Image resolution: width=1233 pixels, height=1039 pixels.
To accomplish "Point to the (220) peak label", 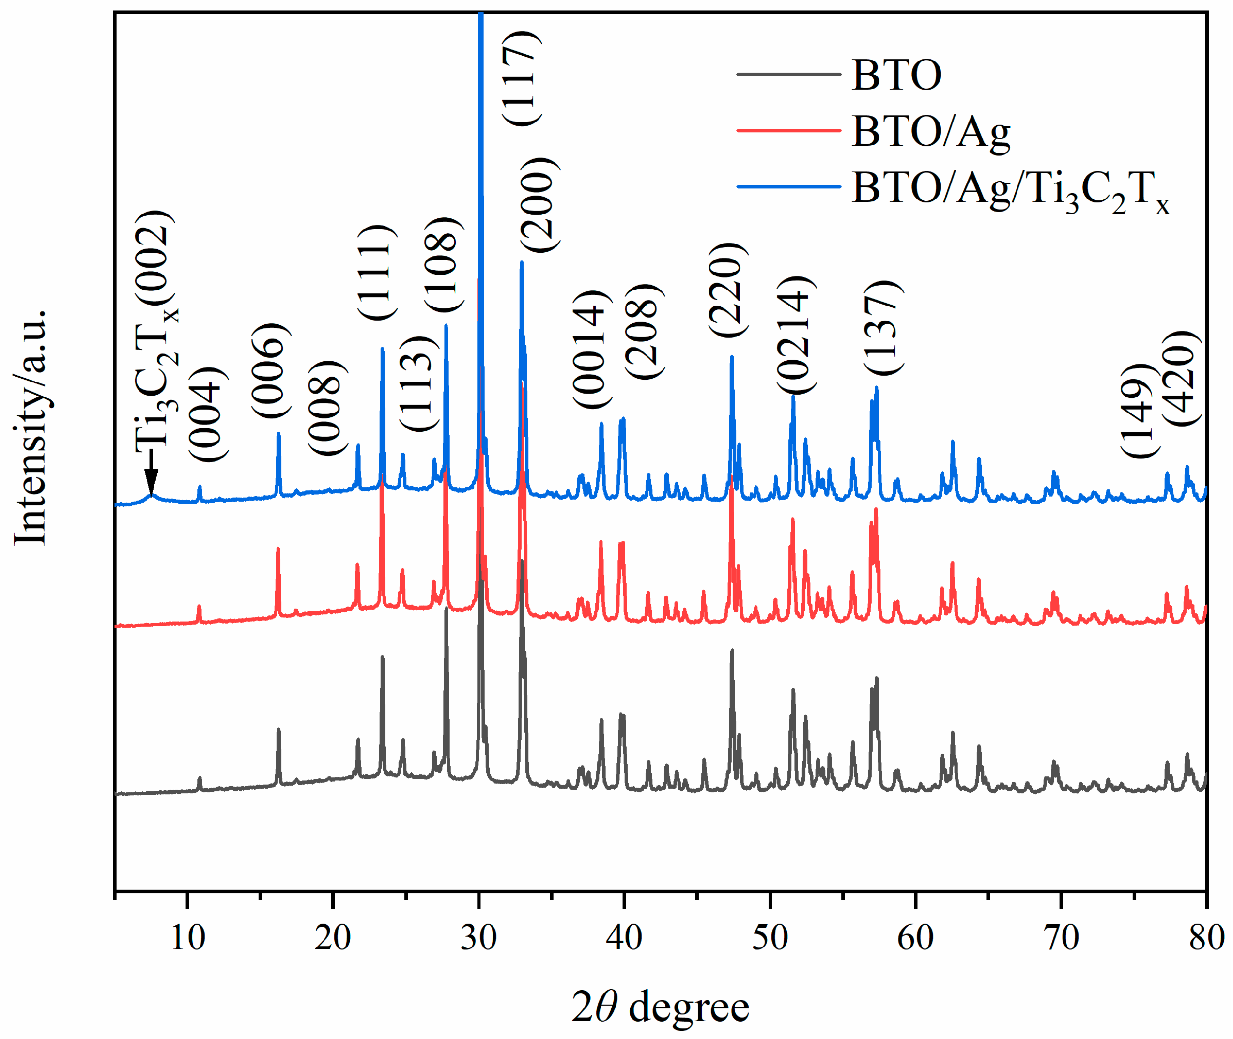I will pyautogui.click(x=727, y=290).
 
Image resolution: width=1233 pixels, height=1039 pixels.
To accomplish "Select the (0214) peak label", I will pyautogui.click(x=796, y=335).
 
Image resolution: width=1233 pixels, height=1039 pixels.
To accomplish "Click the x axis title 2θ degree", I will pyautogui.click(x=661, y=1007).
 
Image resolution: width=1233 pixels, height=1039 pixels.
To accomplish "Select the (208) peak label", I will pyautogui.click(x=645, y=332).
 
